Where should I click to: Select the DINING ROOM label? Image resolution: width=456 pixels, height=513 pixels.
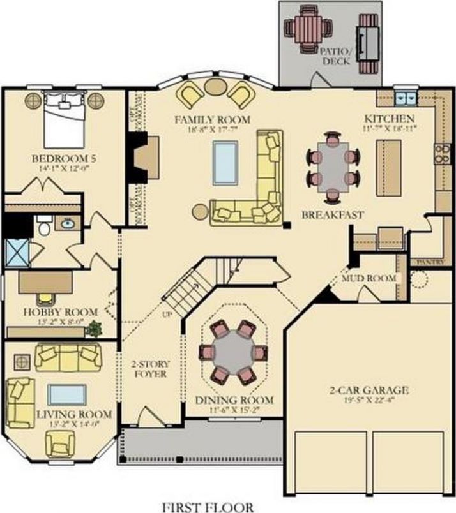coord(234,400)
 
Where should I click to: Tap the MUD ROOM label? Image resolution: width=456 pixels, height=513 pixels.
coord(369,278)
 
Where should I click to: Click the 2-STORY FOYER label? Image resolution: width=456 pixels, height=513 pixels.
coord(151,369)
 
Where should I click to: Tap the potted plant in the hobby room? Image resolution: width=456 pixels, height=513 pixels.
coord(95,328)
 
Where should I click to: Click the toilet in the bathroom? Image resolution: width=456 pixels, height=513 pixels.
coord(43,227)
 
